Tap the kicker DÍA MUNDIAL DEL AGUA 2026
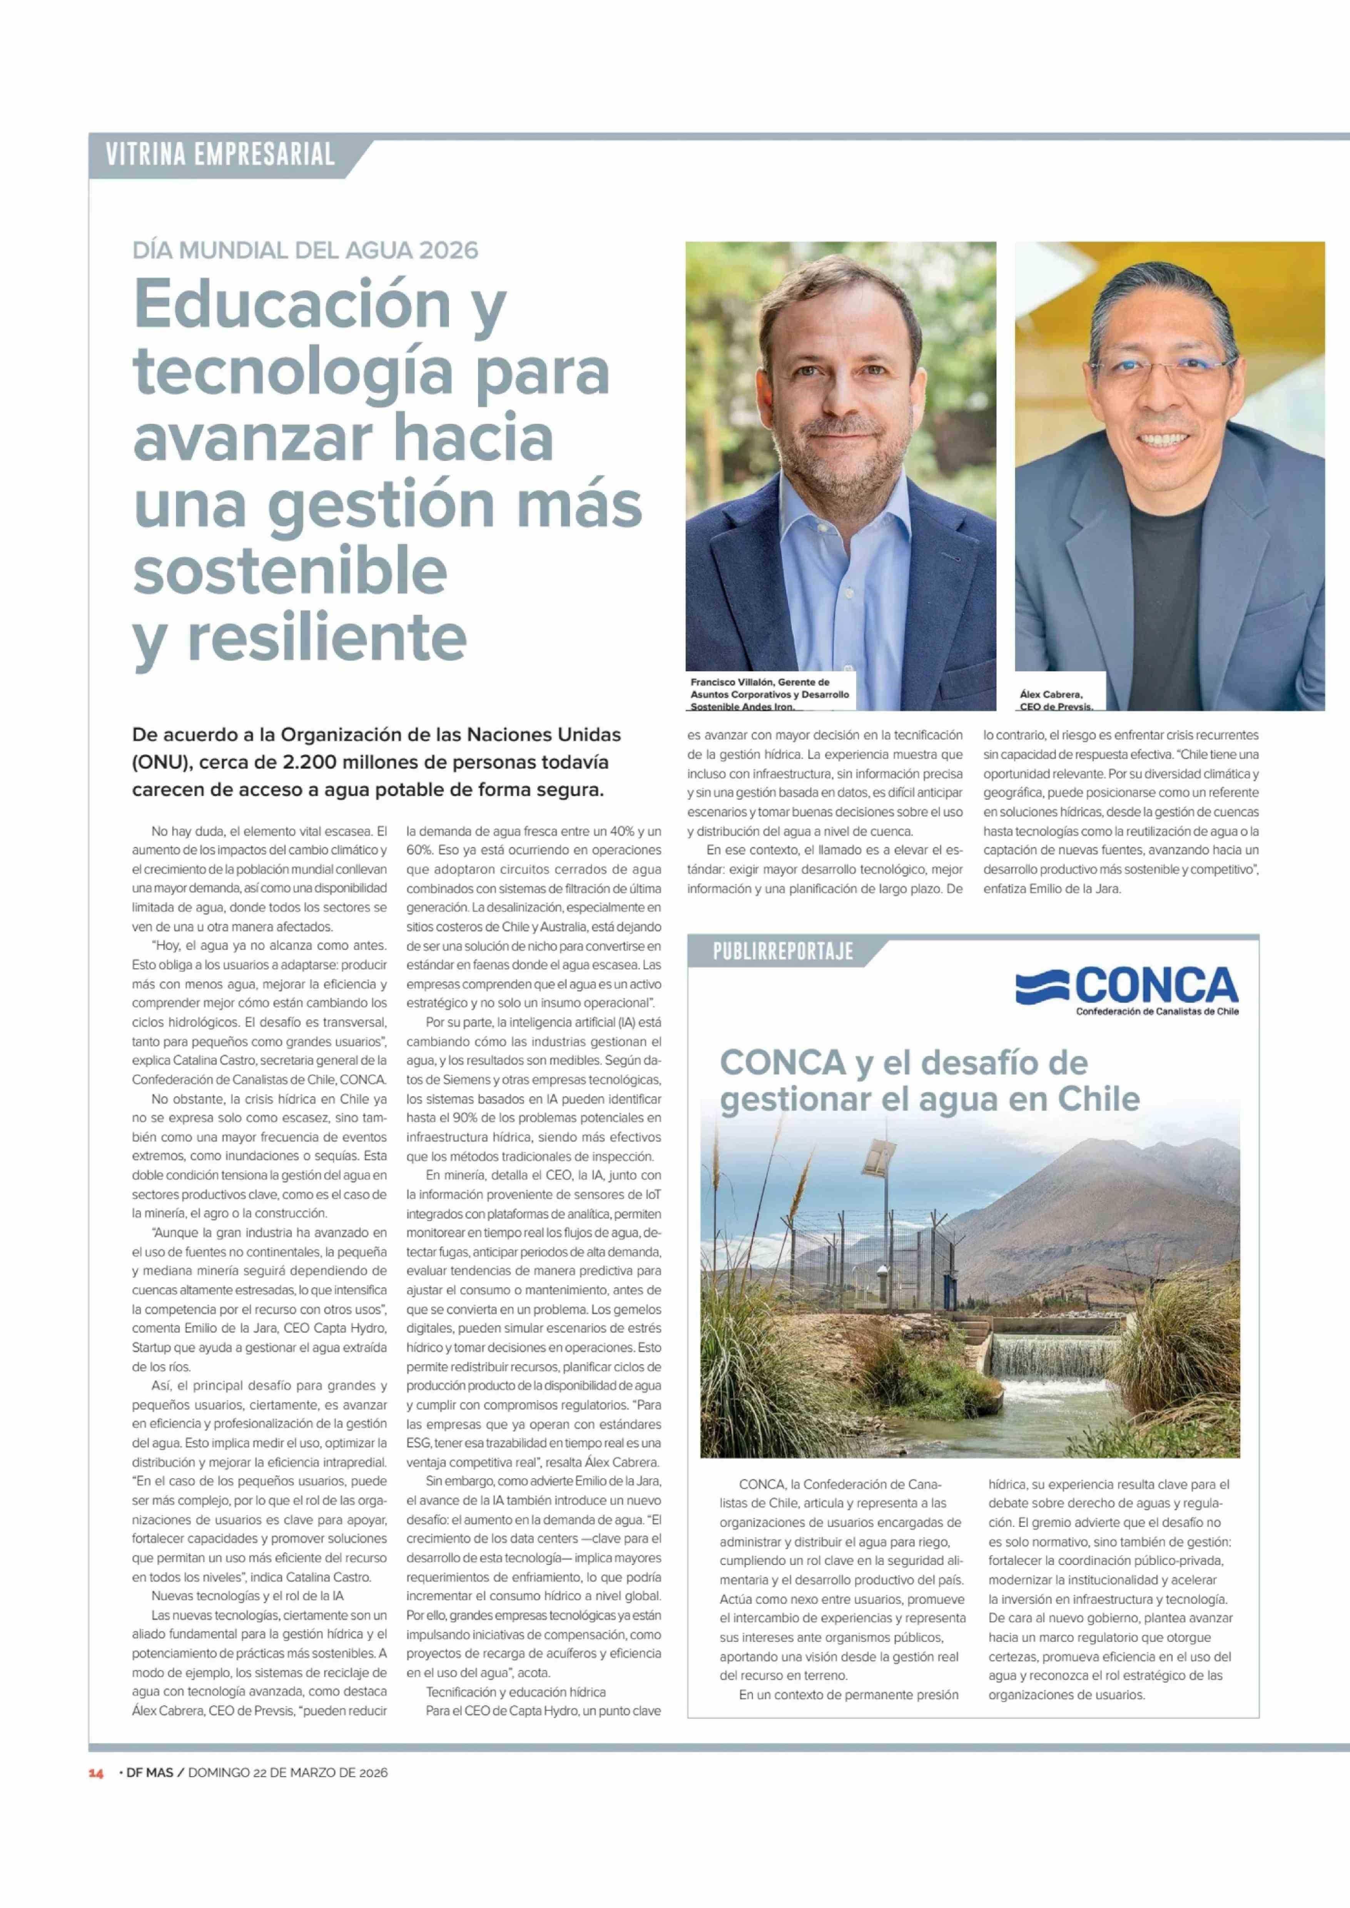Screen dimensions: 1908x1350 coord(305,250)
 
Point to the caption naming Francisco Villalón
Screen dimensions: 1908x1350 coord(769,693)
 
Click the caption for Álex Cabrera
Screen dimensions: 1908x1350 coord(1056,700)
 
